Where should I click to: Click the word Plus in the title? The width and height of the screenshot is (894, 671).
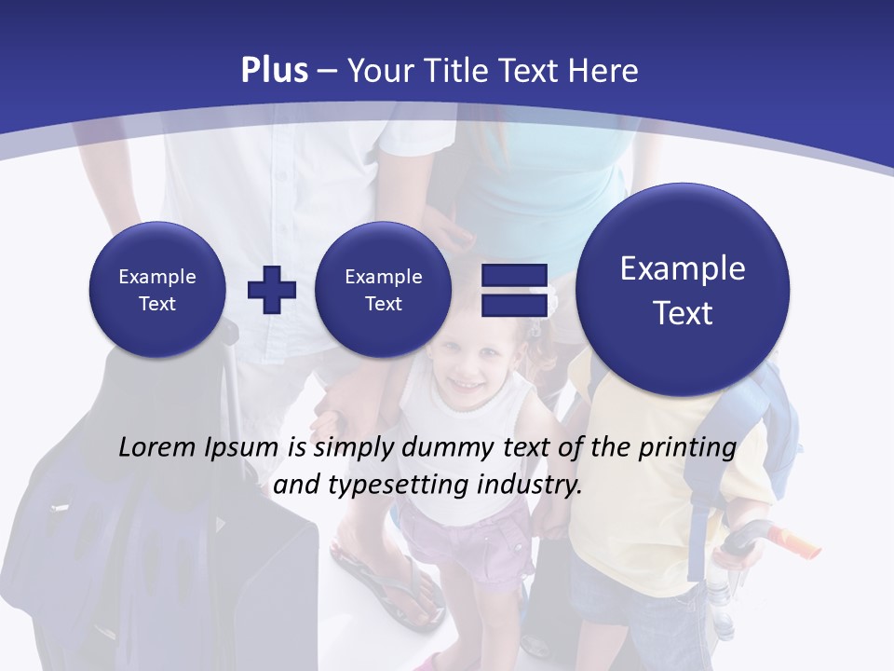274,71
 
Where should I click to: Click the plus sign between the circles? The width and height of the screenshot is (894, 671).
272,290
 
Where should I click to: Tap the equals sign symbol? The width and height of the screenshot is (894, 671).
514,290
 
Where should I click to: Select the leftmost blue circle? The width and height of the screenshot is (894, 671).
157,289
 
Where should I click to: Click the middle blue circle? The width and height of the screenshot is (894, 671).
383,289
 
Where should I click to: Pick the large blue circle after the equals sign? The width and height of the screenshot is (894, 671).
683,290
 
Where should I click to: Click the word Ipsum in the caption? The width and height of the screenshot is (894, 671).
243,448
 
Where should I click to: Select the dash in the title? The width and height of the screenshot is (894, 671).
327,72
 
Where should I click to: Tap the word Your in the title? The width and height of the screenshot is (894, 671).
382,71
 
